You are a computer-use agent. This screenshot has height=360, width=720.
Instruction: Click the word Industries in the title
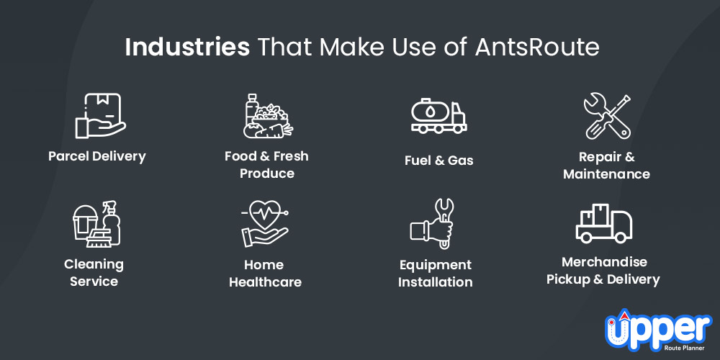click(x=187, y=48)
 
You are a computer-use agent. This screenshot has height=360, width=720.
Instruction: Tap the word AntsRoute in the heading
click(x=537, y=48)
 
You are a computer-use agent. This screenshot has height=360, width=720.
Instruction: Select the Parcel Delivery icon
click(x=100, y=116)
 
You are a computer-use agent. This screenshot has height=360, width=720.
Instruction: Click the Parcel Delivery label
click(x=97, y=156)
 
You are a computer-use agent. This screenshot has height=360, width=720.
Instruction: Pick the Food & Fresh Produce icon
click(x=268, y=116)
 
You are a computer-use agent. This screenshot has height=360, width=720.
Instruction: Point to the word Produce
click(x=267, y=174)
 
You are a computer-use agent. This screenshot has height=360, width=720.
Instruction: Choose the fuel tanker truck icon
click(x=438, y=116)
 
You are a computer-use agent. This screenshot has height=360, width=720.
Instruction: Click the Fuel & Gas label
click(x=439, y=161)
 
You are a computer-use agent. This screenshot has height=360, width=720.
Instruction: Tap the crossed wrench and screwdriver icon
click(x=607, y=117)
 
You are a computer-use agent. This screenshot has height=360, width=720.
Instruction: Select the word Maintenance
click(x=606, y=174)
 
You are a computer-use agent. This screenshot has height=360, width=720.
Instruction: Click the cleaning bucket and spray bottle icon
click(x=97, y=224)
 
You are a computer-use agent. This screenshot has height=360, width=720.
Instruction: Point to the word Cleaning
click(x=94, y=264)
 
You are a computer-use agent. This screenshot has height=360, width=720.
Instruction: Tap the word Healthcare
click(x=266, y=282)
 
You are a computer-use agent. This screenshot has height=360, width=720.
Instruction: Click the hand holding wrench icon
click(x=432, y=224)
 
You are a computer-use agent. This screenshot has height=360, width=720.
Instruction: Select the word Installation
click(x=436, y=282)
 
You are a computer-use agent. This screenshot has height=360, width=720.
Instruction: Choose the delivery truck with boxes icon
click(x=604, y=223)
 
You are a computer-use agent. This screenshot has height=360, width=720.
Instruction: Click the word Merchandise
click(x=604, y=262)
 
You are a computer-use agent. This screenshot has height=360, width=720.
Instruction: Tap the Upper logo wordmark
click(x=658, y=330)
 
